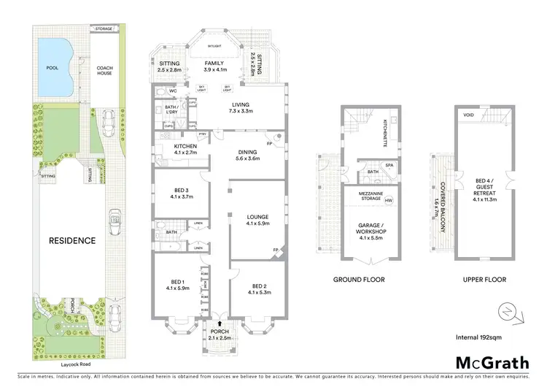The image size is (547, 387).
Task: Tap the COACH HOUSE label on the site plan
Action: tap(105, 71)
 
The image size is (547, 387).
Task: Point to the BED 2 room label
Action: tap(260, 289)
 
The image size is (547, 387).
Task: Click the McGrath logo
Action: tap(492, 362)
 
